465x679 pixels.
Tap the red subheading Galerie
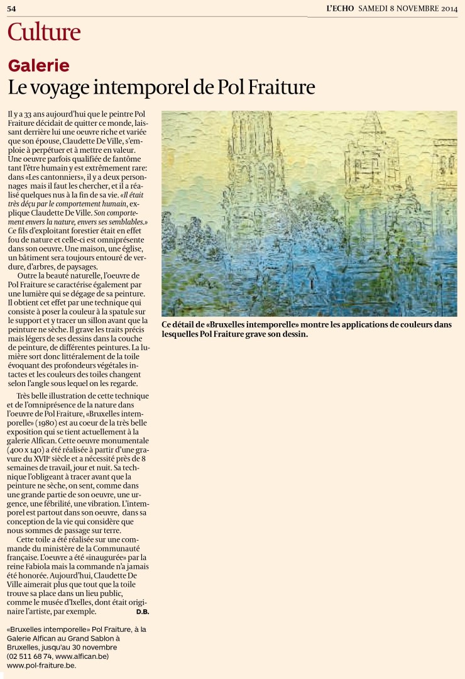[x=38, y=65]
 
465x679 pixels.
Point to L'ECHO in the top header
[x=341, y=9]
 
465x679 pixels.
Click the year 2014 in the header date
[x=448, y=9]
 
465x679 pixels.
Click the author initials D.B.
[x=142, y=611]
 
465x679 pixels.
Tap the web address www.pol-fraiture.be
[x=41, y=665]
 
